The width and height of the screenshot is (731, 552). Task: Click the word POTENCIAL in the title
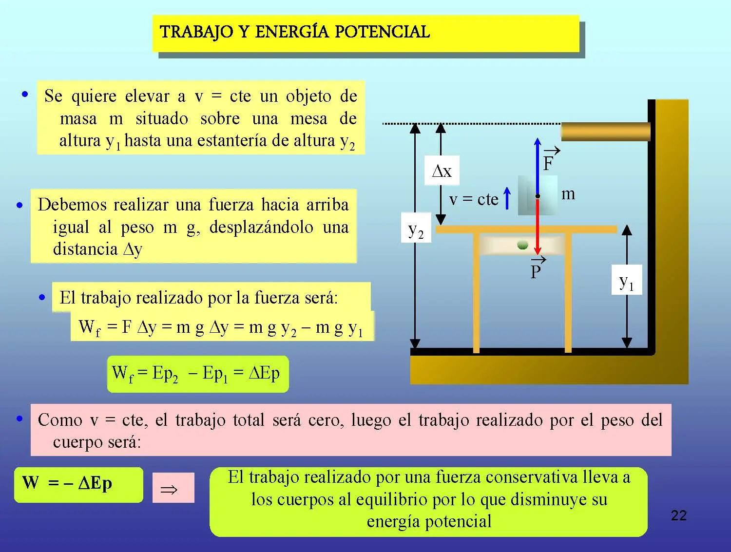pyautogui.click(x=382, y=32)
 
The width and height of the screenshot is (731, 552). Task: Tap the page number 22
pyautogui.click(x=679, y=515)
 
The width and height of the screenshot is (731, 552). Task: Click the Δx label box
pyautogui.click(x=442, y=171)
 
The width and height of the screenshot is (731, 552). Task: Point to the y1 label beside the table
pyautogui.click(x=626, y=280)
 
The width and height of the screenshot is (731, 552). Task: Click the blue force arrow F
pyautogui.click(x=537, y=167)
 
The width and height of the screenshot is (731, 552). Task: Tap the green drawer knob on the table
pyautogui.click(x=523, y=246)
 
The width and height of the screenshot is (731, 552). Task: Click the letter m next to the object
pyautogui.click(x=568, y=194)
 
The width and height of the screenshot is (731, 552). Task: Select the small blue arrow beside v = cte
pyautogui.click(x=507, y=198)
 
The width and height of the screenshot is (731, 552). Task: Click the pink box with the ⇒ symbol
pyautogui.click(x=173, y=488)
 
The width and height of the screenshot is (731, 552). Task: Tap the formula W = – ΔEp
pyautogui.click(x=67, y=483)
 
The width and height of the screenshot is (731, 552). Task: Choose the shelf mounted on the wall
pyautogui.click(x=606, y=132)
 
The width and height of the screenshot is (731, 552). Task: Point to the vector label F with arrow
pyautogui.click(x=551, y=159)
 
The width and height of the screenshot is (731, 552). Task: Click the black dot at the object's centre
pyautogui.click(x=538, y=196)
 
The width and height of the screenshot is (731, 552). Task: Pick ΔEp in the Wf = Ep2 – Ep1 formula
pyautogui.click(x=264, y=373)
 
